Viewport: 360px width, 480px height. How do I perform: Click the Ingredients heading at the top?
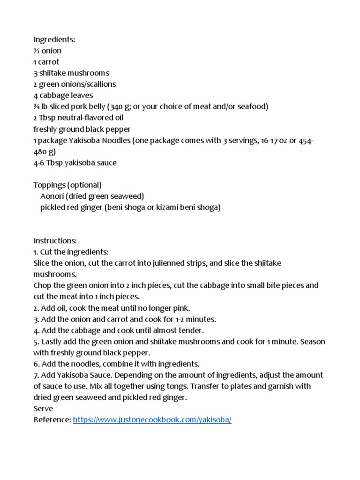pyautogui.click(x=54, y=39)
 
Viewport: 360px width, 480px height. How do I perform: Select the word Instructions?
pyautogui.click(x=55, y=240)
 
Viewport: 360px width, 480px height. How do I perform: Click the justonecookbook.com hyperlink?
pyautogui.click(x=152, y=420)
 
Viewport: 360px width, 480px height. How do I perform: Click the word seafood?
pyautogui.click(x=252, y=107)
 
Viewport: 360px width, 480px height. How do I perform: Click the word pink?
pyautogui.click(x=182, y=308)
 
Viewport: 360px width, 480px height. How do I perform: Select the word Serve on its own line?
pyautogui.click(x=43, y=409)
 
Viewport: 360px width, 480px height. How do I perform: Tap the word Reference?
pyautogui.click(x=52, y=420)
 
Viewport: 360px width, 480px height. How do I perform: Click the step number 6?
pyautogui.click(x=36, y=364)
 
